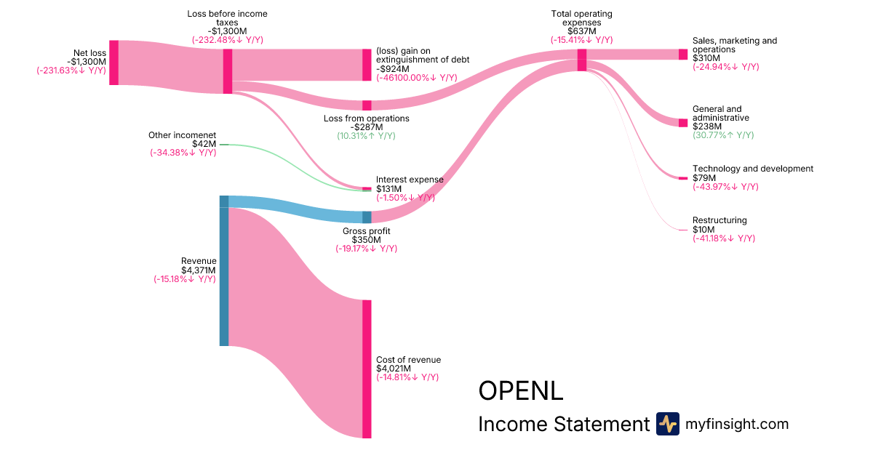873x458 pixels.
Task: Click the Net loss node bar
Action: pos(113,63)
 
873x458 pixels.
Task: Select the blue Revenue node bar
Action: pos(224,270)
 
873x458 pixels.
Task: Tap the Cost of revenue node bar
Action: pos(367,369)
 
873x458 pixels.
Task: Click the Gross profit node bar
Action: pos(367,217)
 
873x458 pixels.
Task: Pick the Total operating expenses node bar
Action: pos(582,60)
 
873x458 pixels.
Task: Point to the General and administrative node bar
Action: pos(682,123)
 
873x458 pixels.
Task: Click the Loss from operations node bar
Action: pos(367,105)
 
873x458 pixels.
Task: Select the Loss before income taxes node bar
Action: pos(228,71)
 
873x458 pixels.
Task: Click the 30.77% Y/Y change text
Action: pos(723,135)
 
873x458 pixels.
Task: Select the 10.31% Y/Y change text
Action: pos(366,136)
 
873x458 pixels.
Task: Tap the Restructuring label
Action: pos(719,220)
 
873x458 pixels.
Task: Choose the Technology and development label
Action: pos(753,169)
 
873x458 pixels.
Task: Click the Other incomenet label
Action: pos(182,135)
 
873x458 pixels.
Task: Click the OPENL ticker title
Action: pos(520,390)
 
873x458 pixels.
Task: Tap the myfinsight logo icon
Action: pos(668,424)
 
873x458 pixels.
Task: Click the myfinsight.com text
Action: pos(737,424)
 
